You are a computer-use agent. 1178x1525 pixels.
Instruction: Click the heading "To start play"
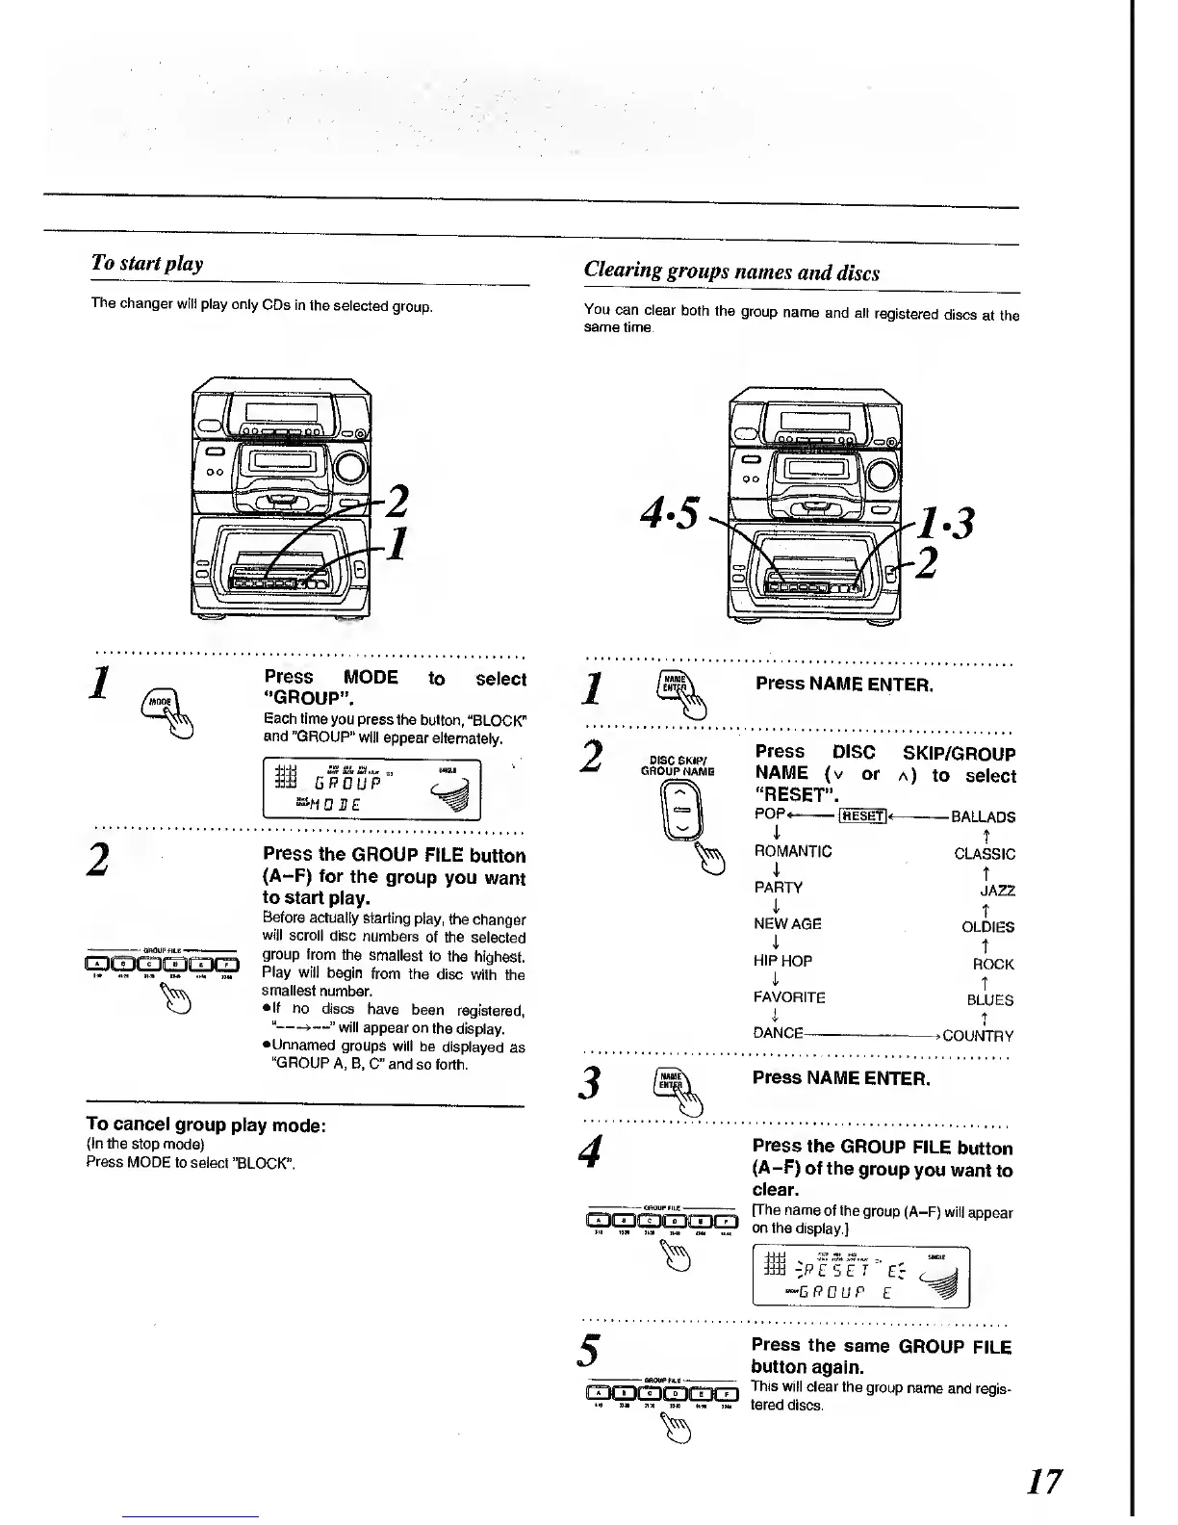click(146, 263)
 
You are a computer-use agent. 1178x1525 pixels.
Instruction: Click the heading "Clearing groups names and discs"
click(731, 271)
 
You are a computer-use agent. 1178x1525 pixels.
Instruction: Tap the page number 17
click(1043, 1480)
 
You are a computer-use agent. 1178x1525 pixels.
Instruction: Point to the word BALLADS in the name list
click(983, 816)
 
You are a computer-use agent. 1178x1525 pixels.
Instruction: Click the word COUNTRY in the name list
click(978, 1036)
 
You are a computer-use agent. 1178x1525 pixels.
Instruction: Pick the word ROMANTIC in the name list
click(793, 852)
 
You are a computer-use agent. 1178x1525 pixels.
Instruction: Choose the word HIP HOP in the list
click(783, 961)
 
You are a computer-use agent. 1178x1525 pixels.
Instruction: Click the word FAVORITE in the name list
click(790, 998)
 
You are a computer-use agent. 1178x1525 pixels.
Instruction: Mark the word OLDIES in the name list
click(987, 927)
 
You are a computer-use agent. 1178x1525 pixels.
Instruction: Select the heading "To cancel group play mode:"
click(206, 1124)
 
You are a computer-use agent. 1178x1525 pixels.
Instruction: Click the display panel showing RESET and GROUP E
click(860, 1276)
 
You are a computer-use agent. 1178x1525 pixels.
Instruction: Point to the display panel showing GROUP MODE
click(371, 788)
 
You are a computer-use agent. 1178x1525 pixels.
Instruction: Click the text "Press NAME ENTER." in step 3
click(841, 1078)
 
